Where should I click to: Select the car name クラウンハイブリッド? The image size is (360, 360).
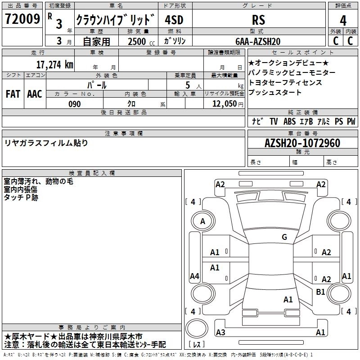(115, 20)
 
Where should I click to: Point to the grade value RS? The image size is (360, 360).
(258, 20)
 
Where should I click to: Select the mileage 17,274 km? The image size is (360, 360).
(55, 64)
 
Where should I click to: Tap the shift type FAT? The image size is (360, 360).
(13, 94)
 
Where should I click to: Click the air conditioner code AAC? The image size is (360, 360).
(35, 94)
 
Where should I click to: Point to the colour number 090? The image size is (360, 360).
(75, 104)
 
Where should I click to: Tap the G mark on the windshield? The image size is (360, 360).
(284, 237)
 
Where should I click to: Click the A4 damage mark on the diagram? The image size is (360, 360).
(194, 276)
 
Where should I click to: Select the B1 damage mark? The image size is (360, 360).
(320, 292)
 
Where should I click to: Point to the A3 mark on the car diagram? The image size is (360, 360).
(220, 333)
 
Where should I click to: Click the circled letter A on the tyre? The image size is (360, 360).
(202, 221)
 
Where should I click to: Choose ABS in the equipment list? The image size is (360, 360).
(289, 121)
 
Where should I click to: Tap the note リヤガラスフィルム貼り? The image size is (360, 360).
(46, 143)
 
